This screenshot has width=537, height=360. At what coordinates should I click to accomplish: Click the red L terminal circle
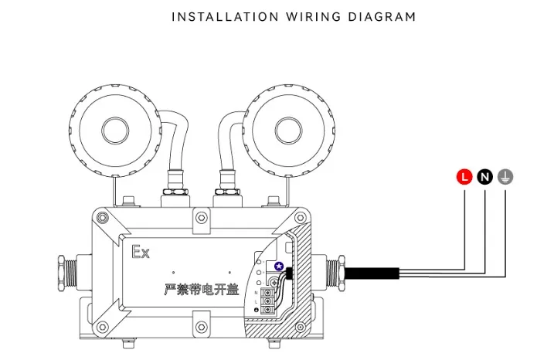coord(464,177)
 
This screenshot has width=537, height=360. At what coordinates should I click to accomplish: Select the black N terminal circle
coord(484,177)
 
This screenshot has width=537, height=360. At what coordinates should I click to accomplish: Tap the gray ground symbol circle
coord(505,177)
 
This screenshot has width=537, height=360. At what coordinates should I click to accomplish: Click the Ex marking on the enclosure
coord(141,252)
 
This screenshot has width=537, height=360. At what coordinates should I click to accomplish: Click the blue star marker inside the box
coord(279,272)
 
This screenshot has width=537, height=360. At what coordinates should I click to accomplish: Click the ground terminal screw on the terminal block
coord(269,309)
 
